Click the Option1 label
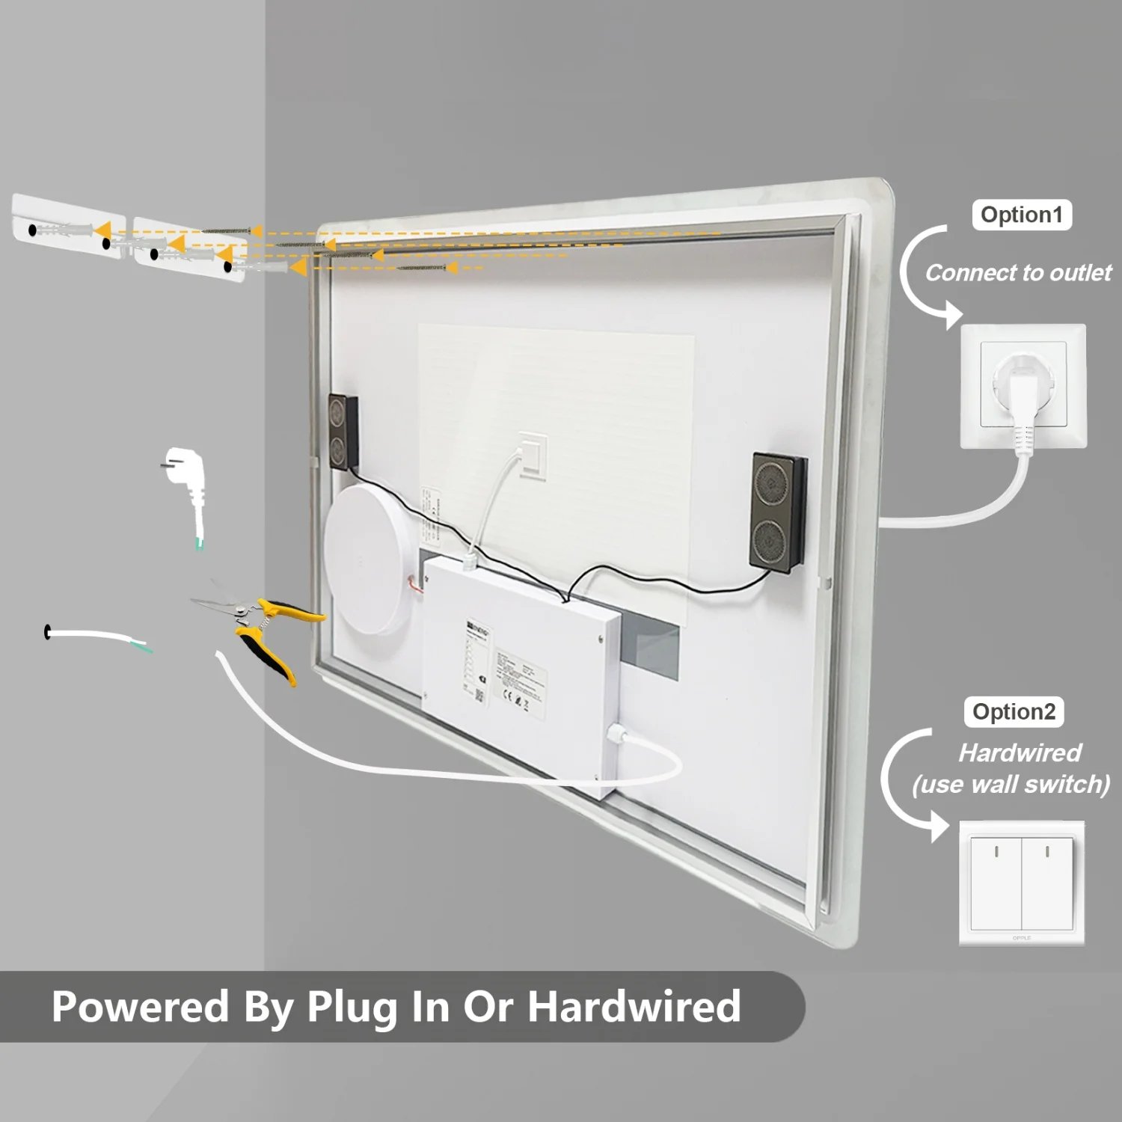tap(1021, 215)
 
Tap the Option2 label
tap(1014, 712)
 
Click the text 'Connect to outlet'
tap(1018, 273)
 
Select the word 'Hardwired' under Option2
tap(1020, 752)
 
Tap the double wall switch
tap(1022, 883)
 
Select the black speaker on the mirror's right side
tap(778, 512)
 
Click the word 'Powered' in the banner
tap(141, 1006)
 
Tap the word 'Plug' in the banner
tap(352, 1008)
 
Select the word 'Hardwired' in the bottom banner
tap(634, 1006)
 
